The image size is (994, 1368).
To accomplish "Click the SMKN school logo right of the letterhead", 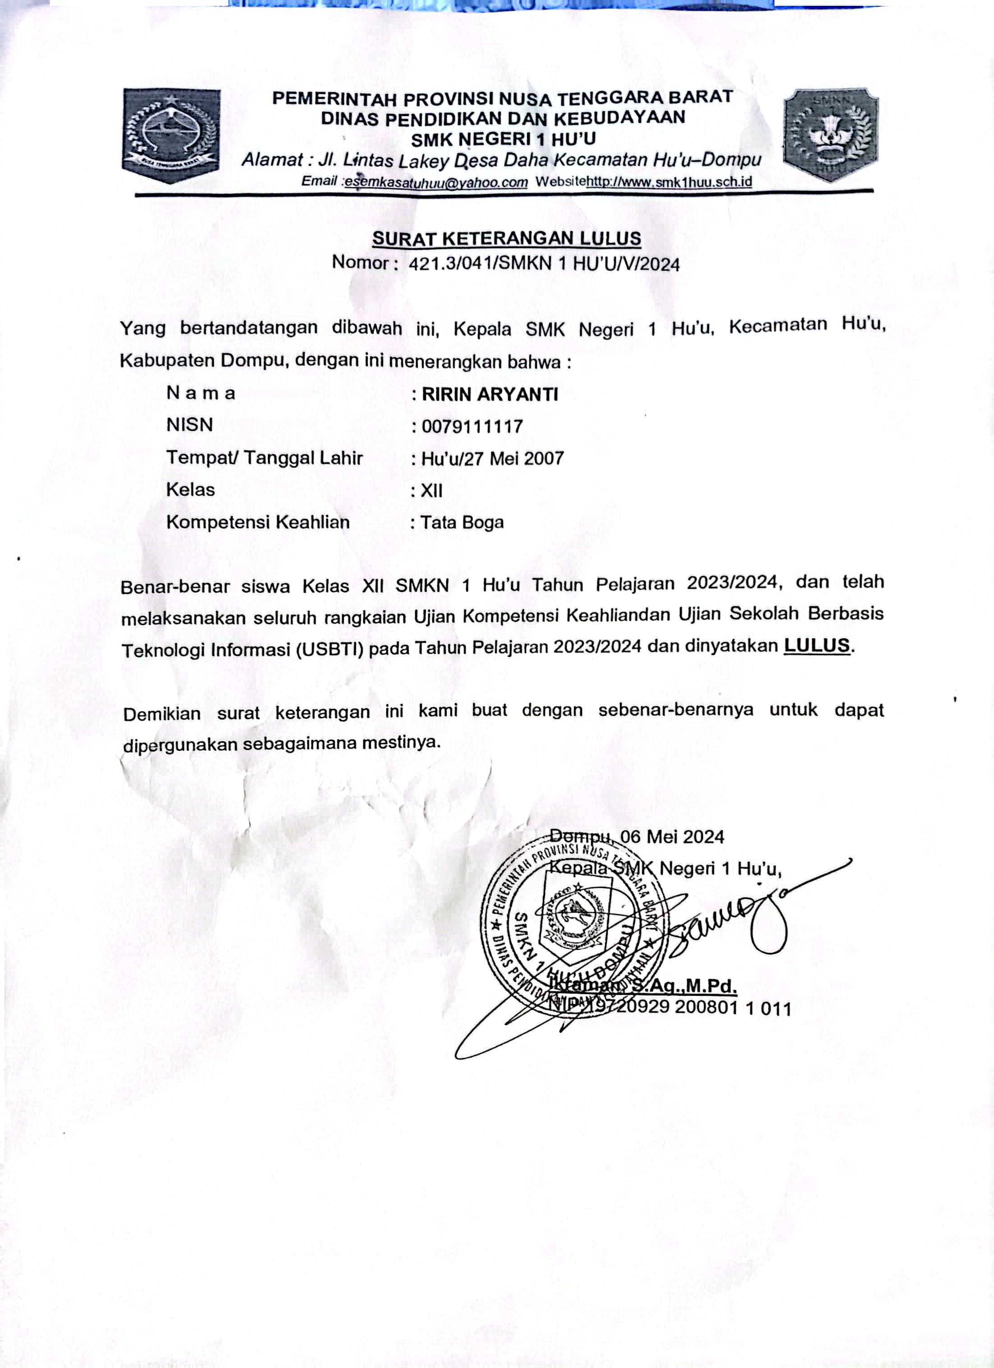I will coord(831,134).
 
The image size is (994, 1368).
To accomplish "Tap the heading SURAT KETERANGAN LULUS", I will coord(506,239).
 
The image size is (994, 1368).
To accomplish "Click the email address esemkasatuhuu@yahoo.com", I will coord(436,182).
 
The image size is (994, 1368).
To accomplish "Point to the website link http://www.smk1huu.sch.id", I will coord(669,181).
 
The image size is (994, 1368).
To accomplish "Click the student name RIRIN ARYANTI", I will coord(490,394).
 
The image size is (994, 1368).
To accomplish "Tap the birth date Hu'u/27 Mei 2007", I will coord(492,458).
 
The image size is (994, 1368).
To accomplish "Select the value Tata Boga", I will coord(462,522).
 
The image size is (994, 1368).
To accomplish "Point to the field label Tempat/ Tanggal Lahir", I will coord(264,458).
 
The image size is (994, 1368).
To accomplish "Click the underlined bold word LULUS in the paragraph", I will coord(817,645).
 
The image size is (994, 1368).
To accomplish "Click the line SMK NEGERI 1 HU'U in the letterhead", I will coord(503,139).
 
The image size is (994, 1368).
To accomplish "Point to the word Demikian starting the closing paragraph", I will coord(162,714).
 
